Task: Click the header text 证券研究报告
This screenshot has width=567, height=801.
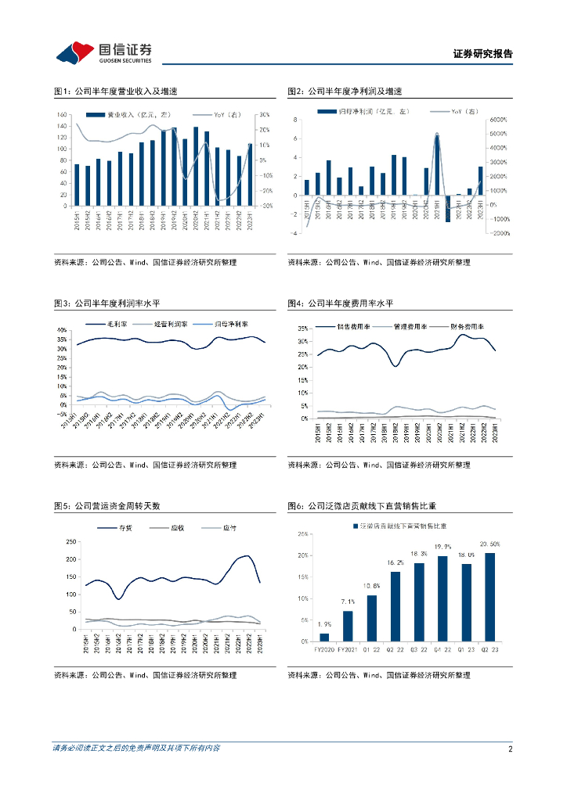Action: (482, 54)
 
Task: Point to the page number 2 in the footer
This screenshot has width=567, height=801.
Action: (510, 749)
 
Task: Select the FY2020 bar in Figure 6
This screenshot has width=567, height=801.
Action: (324, 637)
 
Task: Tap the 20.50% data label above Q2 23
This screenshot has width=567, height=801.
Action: (490, 544)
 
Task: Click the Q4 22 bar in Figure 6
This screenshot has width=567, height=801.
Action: (443, 598)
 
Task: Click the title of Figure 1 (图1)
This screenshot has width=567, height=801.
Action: (115, 92)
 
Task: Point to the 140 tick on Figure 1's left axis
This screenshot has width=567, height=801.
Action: (63, 115)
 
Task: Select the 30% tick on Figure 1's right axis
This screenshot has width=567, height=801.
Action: (265, 115)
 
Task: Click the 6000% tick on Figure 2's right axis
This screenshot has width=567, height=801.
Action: (498, 120)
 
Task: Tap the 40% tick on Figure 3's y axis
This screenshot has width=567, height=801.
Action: (61, 330)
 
